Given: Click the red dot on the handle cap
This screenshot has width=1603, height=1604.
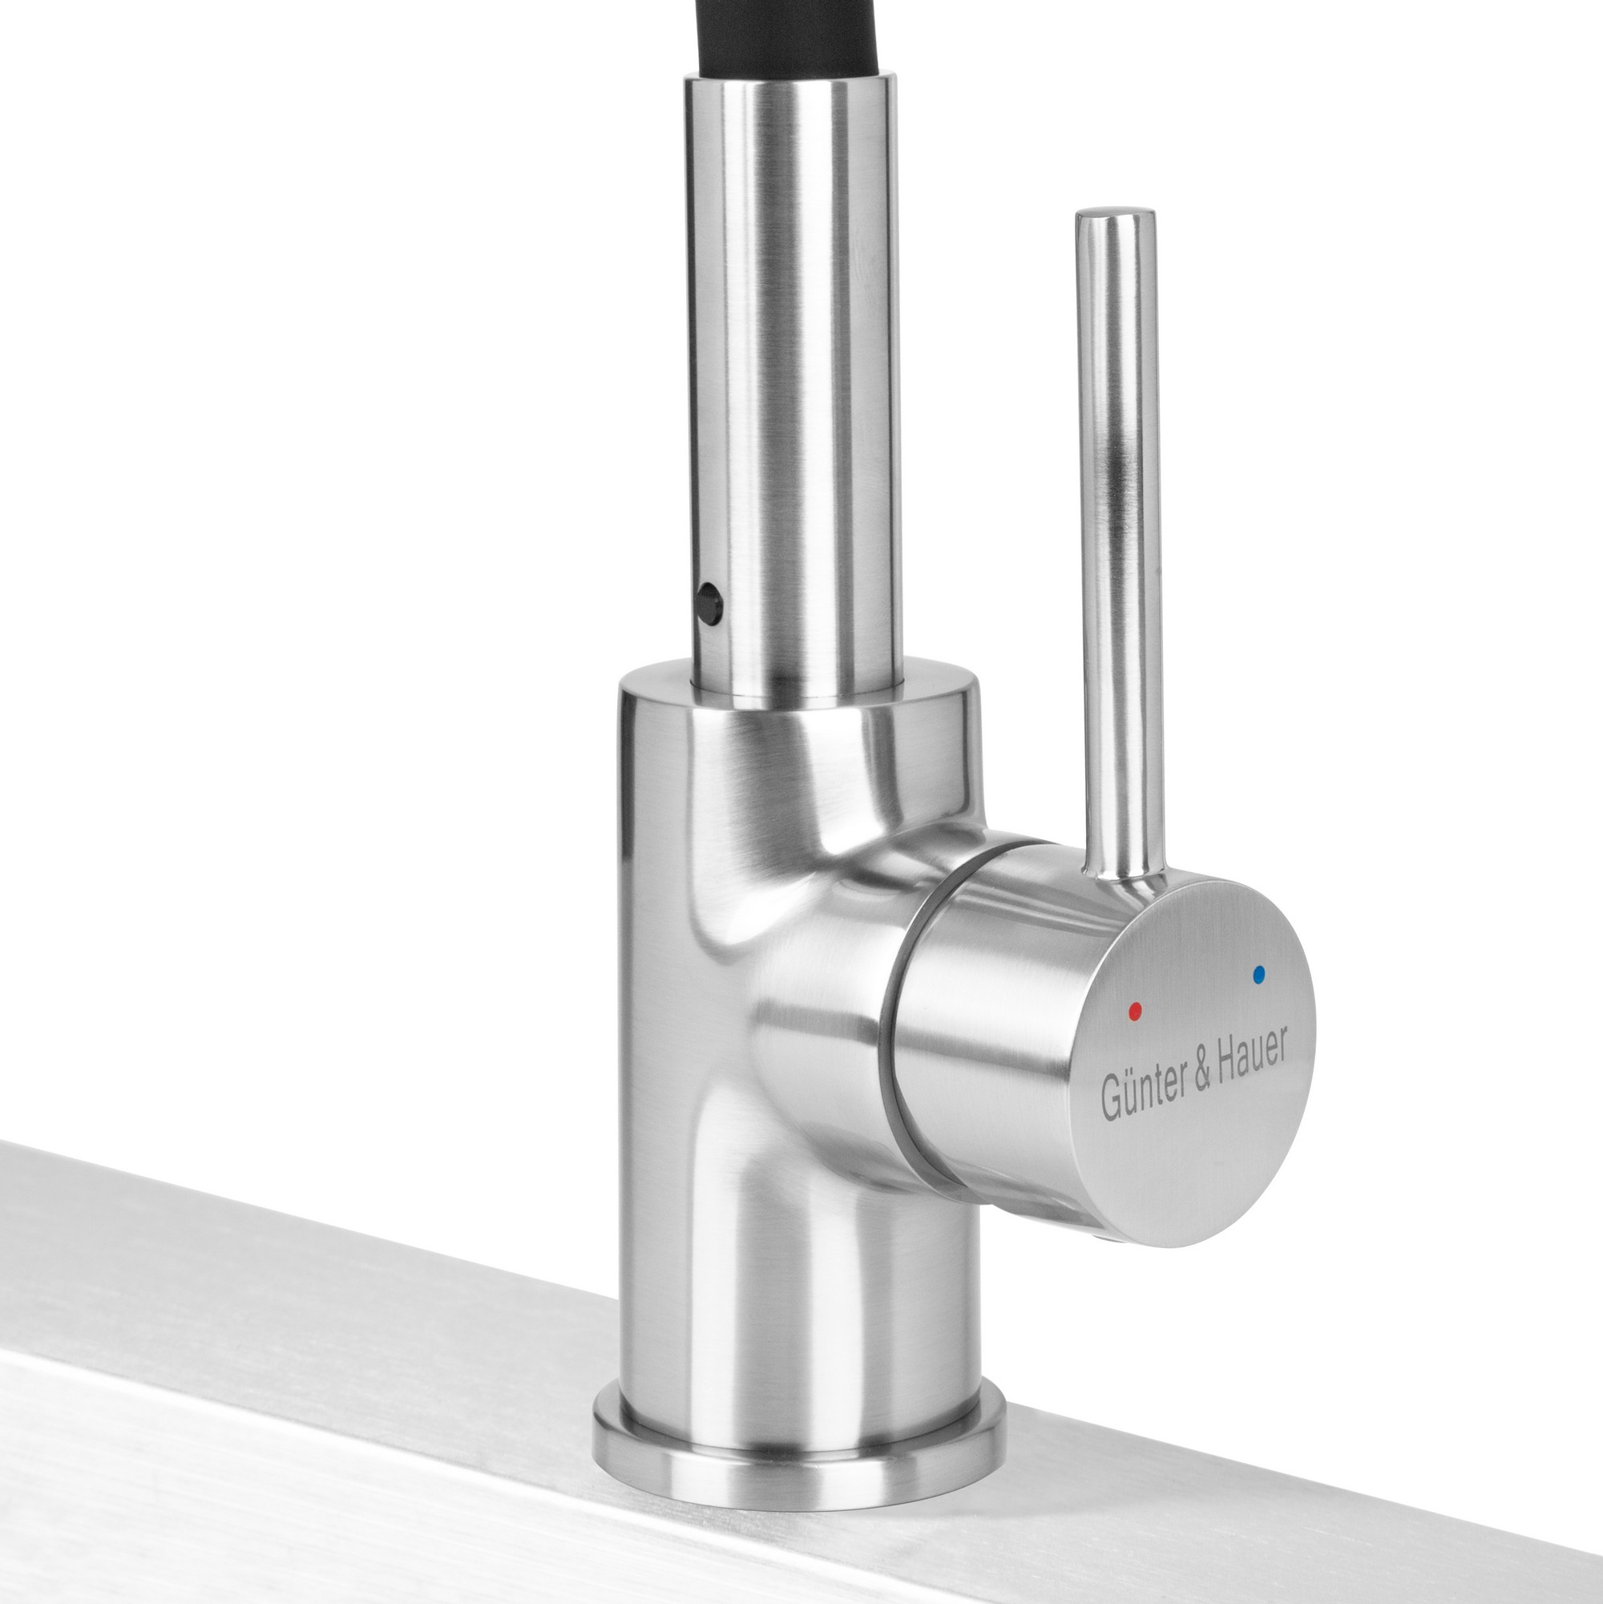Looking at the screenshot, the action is (1135, 1010).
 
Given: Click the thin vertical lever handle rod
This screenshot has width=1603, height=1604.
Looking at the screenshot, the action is (1118, 548).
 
